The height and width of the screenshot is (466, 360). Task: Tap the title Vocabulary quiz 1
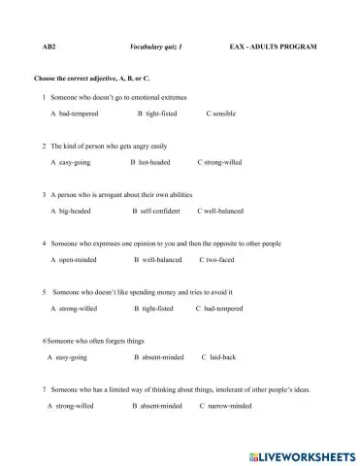click(155, 47)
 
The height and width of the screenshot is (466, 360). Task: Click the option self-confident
click(157, 210)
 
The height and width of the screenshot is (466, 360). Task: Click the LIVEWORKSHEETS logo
click(301, 453)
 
